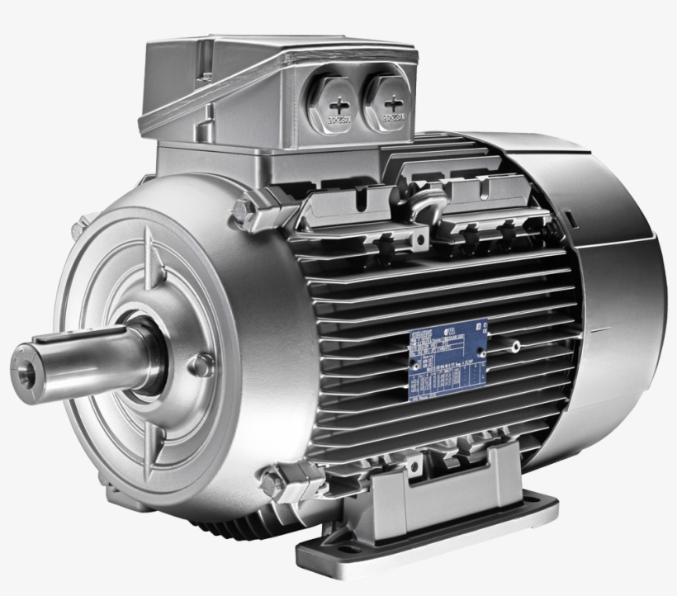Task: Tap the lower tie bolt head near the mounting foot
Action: tap(272, 476)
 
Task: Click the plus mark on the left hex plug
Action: tap(338, 106)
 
